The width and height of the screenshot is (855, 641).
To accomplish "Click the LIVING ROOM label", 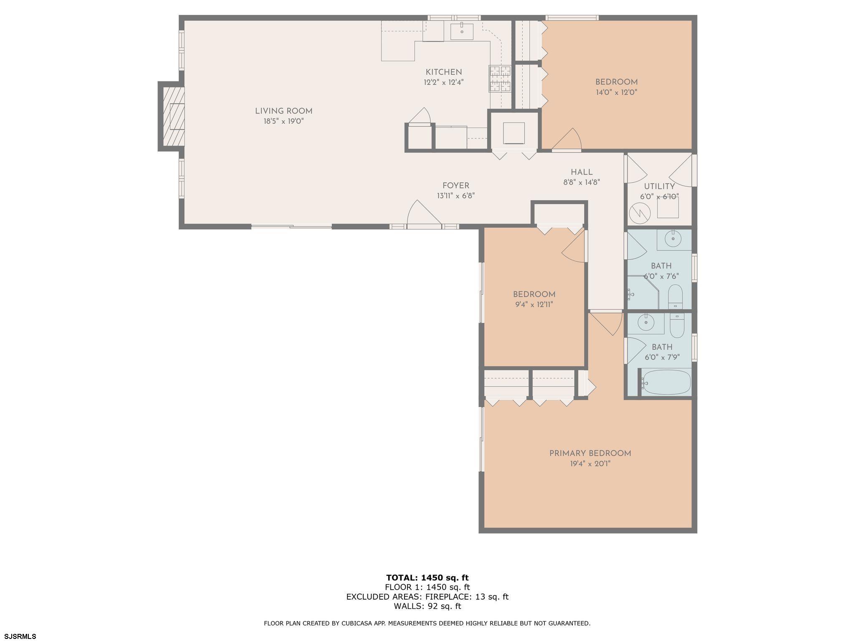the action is pos(283,111).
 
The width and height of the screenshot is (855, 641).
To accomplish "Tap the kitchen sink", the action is pos(462,31).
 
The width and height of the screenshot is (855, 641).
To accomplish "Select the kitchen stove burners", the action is pos(500,78).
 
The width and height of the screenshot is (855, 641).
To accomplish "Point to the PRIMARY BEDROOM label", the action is pos(590,453).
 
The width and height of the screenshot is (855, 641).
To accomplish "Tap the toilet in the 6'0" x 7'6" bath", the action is pos(675,297).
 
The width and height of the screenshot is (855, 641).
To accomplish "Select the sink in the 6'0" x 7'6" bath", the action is pos(673,239).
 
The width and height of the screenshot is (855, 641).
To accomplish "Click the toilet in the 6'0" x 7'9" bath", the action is pos(677,326).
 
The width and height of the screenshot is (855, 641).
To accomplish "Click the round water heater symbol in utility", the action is pos(640,213).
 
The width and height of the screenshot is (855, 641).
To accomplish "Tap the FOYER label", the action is pos(456,186).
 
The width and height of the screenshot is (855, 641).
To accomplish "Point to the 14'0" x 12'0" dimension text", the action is pos(616,93).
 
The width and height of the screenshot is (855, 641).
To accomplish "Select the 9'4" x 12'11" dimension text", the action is pos(534,305).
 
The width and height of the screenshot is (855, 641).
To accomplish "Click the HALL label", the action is pos(582,172).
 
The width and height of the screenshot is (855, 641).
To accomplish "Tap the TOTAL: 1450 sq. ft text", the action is pos(427,578).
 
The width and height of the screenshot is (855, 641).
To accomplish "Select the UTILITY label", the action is pos(659,187).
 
